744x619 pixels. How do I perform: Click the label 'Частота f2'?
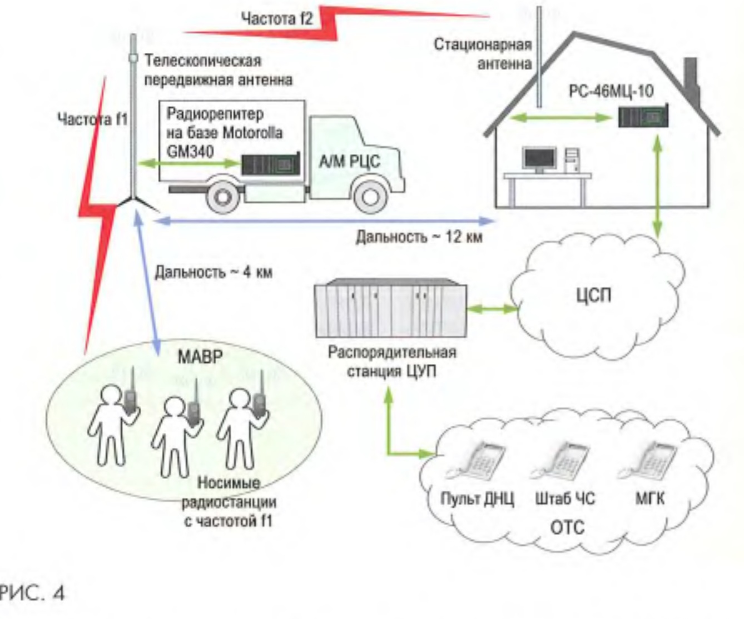point(276,18)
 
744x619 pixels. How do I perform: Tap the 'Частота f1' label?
point(93,119)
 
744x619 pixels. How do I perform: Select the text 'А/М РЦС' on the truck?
point(349,161)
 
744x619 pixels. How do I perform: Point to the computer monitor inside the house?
point(539,159)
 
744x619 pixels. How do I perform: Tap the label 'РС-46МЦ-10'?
point(611,91)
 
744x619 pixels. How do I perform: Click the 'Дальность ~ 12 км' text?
point(419,237)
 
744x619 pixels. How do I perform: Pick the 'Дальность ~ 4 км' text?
point(214,273)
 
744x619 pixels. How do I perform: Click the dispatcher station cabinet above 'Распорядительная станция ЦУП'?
point(391,310)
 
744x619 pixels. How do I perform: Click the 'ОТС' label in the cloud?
point(567,526)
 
